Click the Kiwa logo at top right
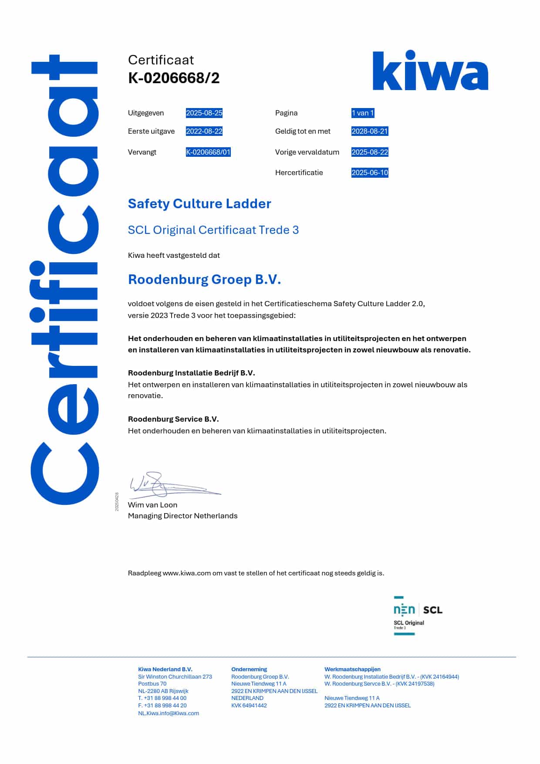tap(430, 71)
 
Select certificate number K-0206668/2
tap(174, 78)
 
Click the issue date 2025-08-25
tap(204, 113)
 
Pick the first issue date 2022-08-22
tap(204, 131)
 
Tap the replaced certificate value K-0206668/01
tap(208, 152)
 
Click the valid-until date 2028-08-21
tap(369, 131)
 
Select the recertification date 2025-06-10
tap(369, 172)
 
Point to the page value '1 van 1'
tap(363, 113)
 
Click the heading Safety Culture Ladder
tap(199, 203)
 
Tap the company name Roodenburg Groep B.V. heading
tap(204, 279)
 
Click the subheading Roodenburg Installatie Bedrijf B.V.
tap(191, 373)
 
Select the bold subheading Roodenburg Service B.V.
tap(173, 419)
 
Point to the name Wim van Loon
tap(152, 505)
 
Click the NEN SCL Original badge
tap(417, 615)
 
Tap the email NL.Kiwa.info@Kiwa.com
tap(169, 713)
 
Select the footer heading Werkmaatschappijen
tap(352, 669)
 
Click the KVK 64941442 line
tap(249, 706)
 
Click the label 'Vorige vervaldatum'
tap(307, 152)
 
